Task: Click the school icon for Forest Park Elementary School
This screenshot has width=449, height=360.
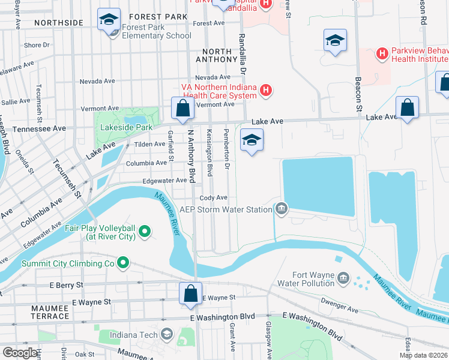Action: click(x=109, y=20)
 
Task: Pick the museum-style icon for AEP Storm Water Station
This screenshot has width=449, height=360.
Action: click(x=281, y=209)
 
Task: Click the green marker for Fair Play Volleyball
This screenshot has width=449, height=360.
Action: click(x=144, y=231)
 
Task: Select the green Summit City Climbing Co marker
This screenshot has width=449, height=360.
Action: click(x=123, y=263)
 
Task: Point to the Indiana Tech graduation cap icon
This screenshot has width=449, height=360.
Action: click(x=167, y=334)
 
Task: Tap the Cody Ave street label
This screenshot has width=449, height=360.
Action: click(x=214, y=197)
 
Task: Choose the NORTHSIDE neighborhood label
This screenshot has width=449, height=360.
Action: click(x=58, y=23)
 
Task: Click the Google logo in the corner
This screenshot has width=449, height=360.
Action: click(x=20, y=352)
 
